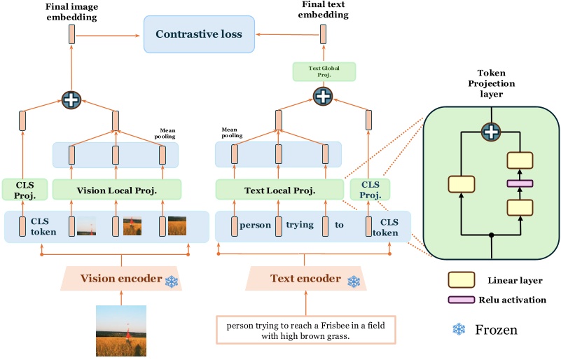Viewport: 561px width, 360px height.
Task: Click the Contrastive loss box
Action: (199, 34)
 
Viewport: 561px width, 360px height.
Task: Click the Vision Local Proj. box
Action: (116, 190)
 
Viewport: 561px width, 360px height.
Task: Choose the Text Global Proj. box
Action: (324, 71)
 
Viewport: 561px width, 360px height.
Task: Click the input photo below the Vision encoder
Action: (121, 331)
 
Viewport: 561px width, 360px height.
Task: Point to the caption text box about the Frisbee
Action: (305, 330)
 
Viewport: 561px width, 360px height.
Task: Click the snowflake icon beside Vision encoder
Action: (171, 281)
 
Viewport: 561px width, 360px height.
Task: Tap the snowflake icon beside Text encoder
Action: (354, 281)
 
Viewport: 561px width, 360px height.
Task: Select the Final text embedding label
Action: (324, 11)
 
